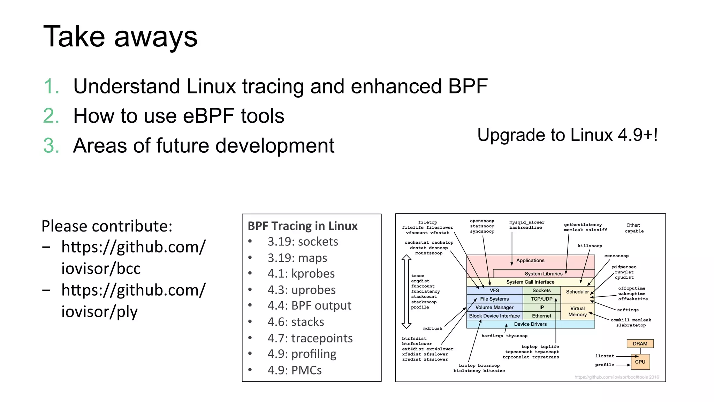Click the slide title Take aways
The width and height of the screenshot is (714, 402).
click(x=120, y=37)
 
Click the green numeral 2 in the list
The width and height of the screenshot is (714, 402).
click(x=51, y=116)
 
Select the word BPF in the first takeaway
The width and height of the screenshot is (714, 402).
click(x=468, y=86)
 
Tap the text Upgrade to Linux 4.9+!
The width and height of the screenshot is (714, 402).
click(x=567, y=135)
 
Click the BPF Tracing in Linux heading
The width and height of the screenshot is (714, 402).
click(x=302, y=226)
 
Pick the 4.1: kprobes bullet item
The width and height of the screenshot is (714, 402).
click(x=301, y=274)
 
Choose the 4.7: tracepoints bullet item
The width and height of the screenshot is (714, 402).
click(x=310, y=338)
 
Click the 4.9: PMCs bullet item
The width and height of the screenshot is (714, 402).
click(x=295, y=370)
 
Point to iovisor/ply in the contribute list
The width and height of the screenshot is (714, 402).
click(x=99, y=312)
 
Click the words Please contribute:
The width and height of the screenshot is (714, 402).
click(x=107, y=226)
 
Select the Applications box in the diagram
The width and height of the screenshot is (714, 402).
click(x=530, y=260)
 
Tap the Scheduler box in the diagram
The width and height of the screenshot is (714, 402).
click(x=577, y=292)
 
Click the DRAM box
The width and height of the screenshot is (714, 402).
click(x=640, y=344)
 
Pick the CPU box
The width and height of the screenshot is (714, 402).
click(x=640, y=362)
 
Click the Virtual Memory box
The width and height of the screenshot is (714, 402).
click(x=577, y=311)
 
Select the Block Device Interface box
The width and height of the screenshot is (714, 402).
click(x=494, y=316)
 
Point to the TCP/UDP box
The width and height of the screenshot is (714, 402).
click(x=541, y=299)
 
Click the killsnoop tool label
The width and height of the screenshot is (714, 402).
click(x=590, y=246)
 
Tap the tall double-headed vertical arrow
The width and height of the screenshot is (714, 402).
click(x=406, y=291)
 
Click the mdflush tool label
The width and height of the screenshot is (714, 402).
click(x=432, y=328)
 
